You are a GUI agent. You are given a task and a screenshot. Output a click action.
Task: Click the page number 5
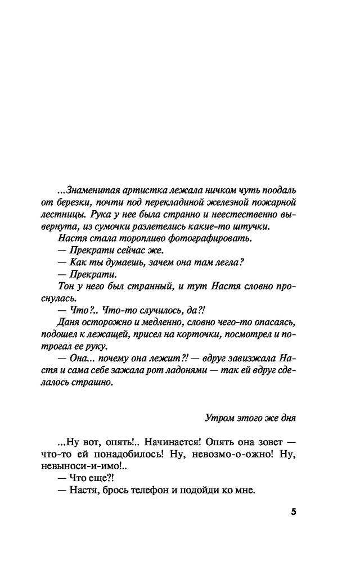[x=294, y=512]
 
